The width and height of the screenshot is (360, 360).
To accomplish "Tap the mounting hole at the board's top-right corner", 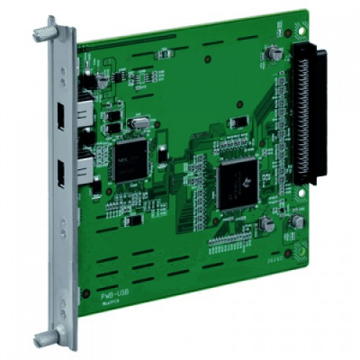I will pos(286,34).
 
